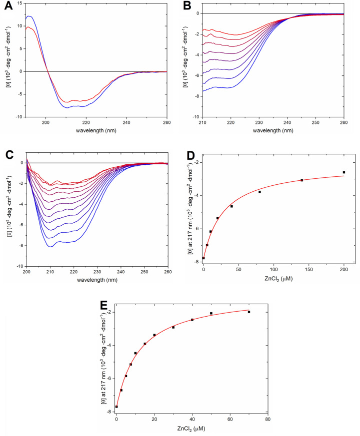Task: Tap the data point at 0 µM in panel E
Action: [116, 407]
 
